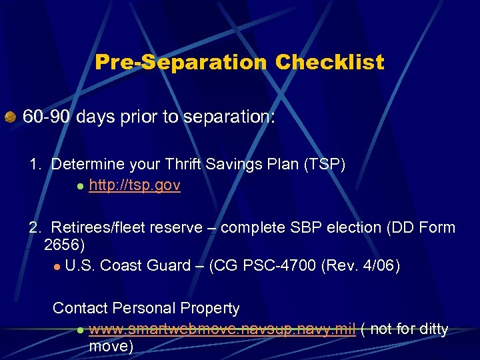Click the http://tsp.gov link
pyautogui.click(x=134, y=185)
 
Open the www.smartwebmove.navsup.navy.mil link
pyautogui.click(x=222, y=329)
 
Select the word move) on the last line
pyautogui.click(x=111, y=347)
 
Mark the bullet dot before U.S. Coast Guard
pyautogui.click(x=57, y=267)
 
